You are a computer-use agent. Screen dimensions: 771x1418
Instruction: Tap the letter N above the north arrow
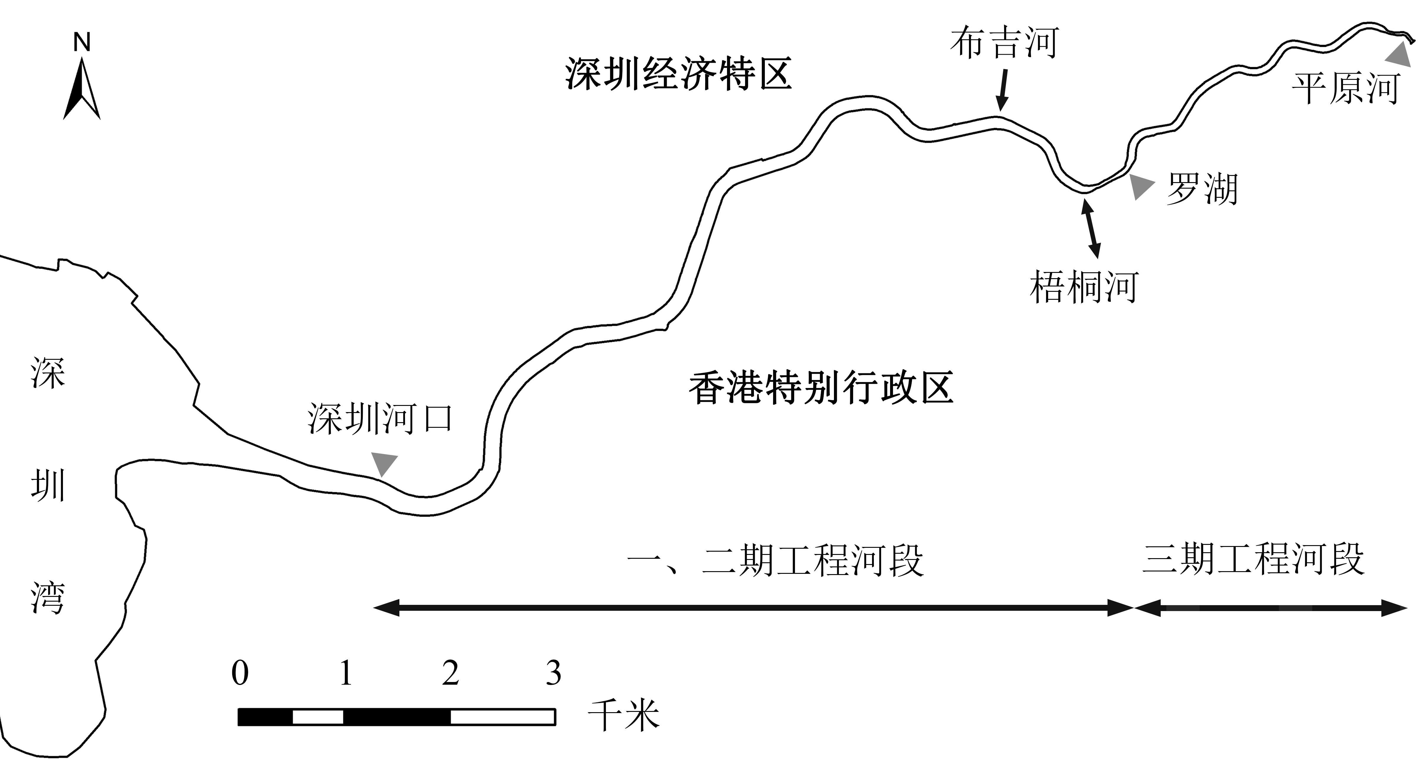82,42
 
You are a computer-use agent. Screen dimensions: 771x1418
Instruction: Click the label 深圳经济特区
678,74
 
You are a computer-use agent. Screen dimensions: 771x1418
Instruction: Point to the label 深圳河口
380,419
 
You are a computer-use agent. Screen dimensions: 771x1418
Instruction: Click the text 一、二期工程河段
775,561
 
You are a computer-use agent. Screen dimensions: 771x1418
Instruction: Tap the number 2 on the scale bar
450,673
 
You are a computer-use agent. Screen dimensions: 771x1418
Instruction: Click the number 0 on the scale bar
240,673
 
